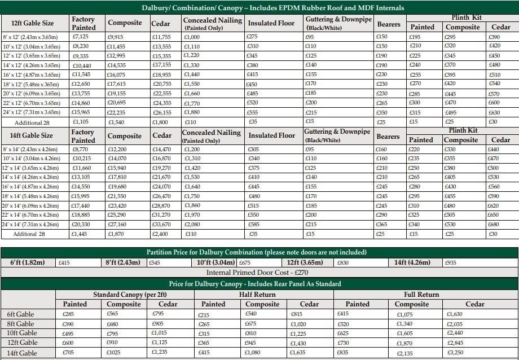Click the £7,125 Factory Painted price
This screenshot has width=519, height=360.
point(80,37)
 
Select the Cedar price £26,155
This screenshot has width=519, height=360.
point(162,113)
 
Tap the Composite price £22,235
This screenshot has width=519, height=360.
point(117,113)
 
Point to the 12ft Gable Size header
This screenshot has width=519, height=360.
point(33,23)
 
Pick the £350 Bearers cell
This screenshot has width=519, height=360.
point(382,113)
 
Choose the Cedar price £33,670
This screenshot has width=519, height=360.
point(162,224)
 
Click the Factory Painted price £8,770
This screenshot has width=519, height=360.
point(80,150)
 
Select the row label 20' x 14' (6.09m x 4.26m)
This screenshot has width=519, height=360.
point(33,205)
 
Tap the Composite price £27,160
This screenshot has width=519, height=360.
point(117,224)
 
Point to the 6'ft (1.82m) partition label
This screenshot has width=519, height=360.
point(28,262)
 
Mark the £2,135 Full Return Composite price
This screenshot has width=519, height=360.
point(406,353)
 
